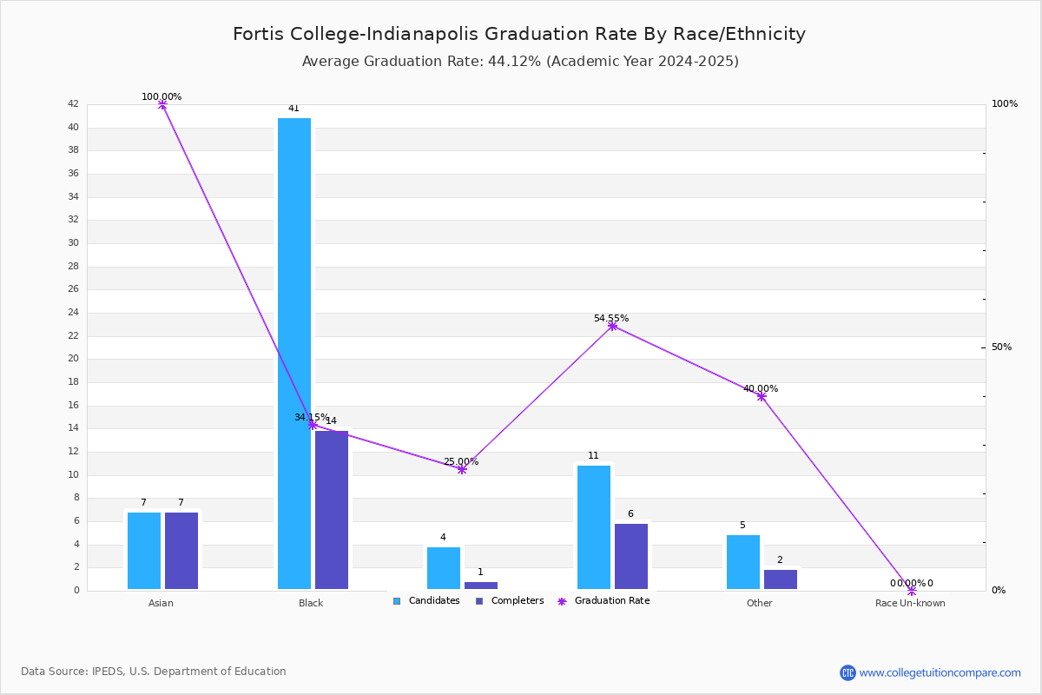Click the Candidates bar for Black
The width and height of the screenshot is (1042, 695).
294,354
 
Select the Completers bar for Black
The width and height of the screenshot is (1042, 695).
332,510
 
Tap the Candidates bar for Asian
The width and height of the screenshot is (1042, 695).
144,551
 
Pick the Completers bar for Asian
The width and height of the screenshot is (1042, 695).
181,551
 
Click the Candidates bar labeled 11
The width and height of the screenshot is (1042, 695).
594,527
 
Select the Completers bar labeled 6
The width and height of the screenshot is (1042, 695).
631,556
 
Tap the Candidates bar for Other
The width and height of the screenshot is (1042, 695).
743,562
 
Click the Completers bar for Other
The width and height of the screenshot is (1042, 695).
781,579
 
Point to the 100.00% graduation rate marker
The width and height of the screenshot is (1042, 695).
162,104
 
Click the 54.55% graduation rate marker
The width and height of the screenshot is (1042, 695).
612,326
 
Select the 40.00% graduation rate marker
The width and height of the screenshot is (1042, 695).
762,396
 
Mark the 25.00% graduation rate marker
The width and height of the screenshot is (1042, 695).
462,469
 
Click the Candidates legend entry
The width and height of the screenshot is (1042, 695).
426,600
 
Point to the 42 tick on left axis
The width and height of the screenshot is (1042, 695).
73,104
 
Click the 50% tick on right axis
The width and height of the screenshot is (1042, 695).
1001,347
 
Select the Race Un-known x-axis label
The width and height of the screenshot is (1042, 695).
910,603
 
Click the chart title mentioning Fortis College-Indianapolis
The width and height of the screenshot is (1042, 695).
519,34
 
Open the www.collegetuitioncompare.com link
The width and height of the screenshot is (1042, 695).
940,672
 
